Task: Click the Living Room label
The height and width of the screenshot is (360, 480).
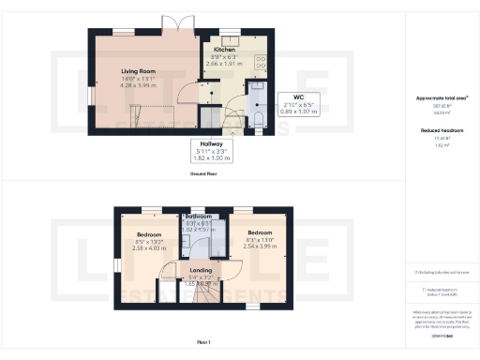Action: pyautogui.click(x=142, y=69)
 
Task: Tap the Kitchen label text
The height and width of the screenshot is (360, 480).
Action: pyautogui.click(x=224, y=49)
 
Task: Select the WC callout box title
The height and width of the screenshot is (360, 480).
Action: pyautogui.click(x=296, y=96)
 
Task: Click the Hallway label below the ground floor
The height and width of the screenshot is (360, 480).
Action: pyautogui.click(x=211, y=143)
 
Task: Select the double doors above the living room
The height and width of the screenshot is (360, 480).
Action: pyautogui.click(x=172, y=23)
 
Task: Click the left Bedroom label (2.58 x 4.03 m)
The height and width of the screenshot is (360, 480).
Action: pyautogui.click(x=150, y=235)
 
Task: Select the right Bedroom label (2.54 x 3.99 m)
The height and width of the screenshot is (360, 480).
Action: pyautogui.click(x=260, y=231)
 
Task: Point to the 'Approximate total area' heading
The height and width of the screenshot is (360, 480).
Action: pyautogui.click(x=437, y=97)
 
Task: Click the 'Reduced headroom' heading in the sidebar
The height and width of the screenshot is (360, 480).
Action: pyautogui.click(x=437, y=131)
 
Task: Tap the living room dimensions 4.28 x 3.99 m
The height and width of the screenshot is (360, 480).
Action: pyautogui.click(x=142, y=84)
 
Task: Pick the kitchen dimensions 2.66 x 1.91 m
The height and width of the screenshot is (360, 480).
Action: pyautogui.click(x=224, y=64)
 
